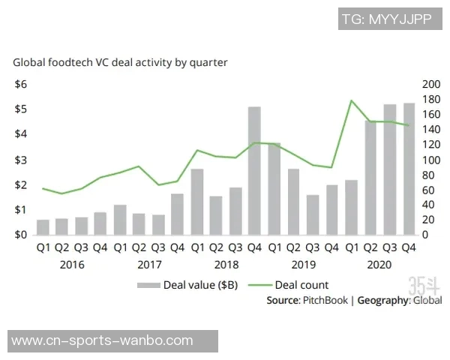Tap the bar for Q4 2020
[409, 169]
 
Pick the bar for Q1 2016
[43, 227]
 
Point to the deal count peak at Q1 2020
[351, 100]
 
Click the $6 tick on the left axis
[21, 84]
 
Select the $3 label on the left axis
[21, 160]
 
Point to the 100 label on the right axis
[431, 160]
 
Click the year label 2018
[226, 264]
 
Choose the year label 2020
[379, 264]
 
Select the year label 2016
[72, 264]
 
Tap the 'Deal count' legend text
[301, 285]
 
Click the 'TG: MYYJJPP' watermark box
[386, 19]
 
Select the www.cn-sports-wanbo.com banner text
[103, 341]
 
